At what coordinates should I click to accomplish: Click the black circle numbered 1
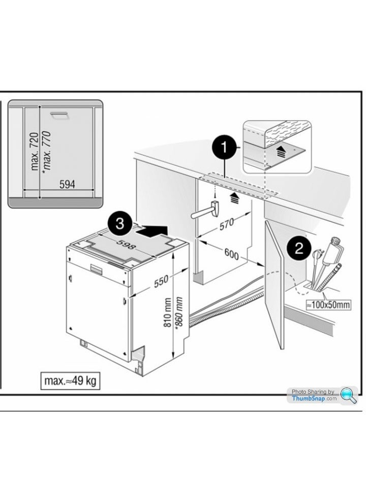pos(222,150)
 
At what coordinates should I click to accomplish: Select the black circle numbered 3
pos(119,224)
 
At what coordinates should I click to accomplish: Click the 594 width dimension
pos(68,184)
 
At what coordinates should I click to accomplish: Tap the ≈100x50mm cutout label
pos(328,305)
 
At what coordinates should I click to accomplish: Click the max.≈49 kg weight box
pos(70,381)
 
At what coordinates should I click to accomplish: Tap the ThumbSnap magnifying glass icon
pos(349,395)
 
